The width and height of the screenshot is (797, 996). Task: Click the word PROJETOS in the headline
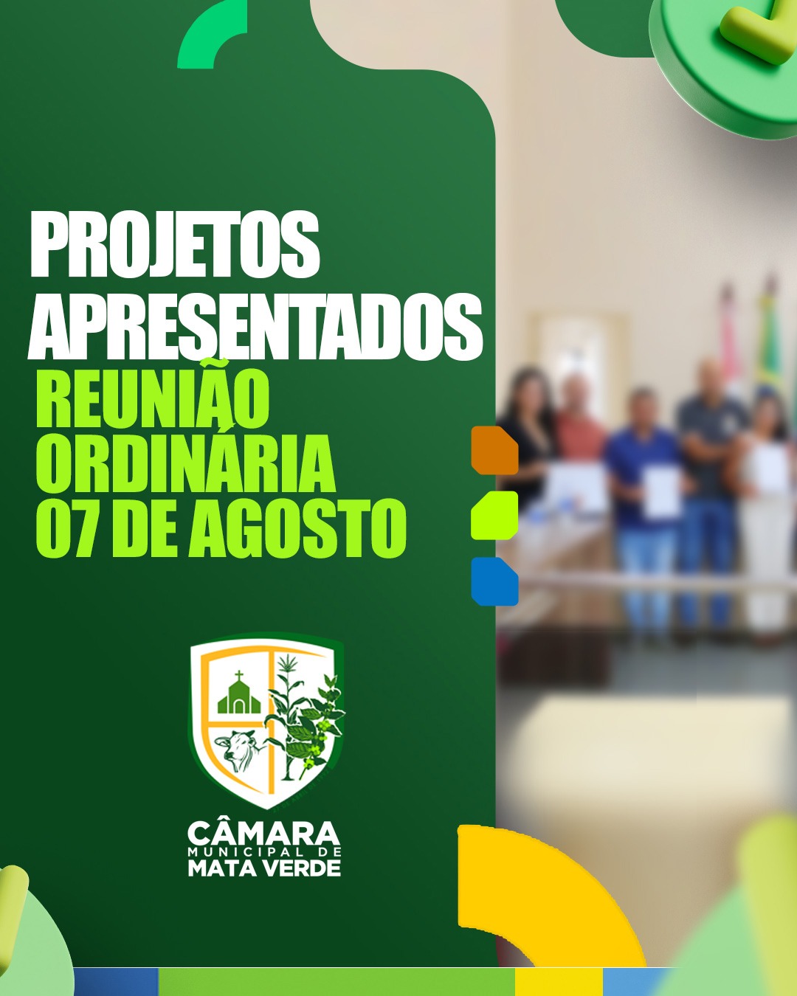(175, 244)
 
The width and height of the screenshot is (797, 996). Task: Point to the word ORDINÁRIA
(186, 463)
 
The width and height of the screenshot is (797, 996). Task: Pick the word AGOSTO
(297, 528)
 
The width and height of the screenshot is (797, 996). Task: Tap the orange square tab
(494, 450)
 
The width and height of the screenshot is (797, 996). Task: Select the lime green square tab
(494, 515)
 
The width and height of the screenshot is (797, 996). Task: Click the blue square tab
(494, 581)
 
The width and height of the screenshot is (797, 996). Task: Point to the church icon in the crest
(239, 694)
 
